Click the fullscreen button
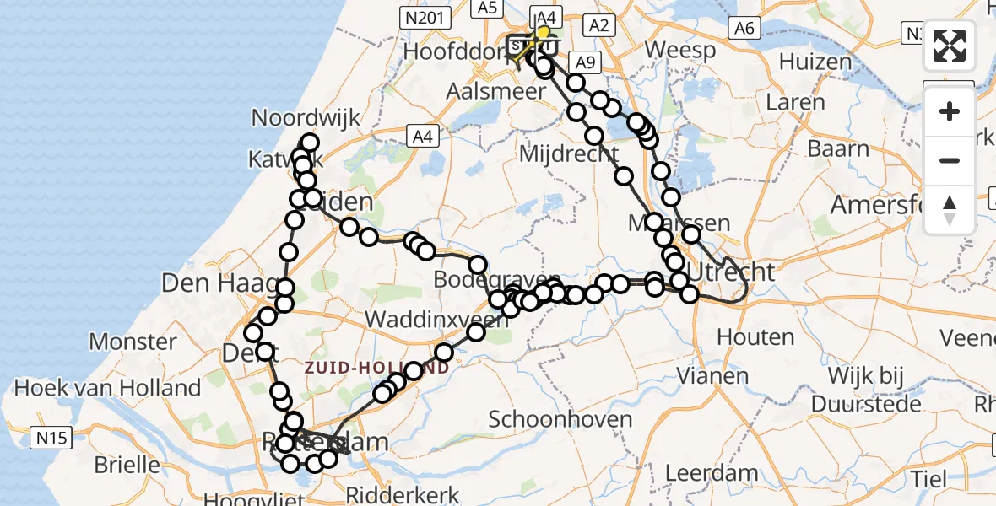950,46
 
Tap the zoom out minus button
950,160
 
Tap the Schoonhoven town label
560,419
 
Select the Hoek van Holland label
107,388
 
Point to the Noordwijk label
306,118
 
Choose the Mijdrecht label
568,154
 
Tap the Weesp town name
679,49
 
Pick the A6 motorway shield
743,28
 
